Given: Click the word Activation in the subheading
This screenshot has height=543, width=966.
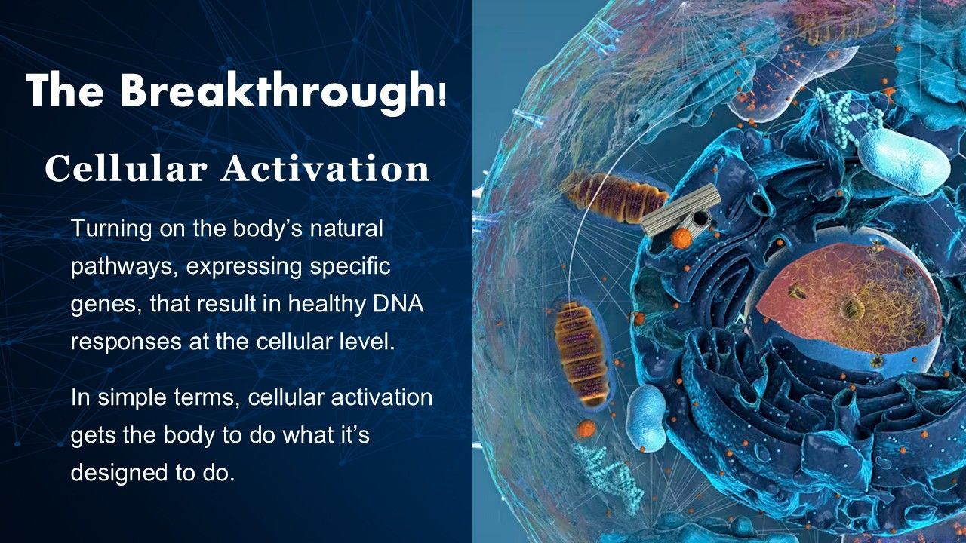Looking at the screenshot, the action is point(326,168).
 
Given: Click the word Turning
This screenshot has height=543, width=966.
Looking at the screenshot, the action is point(111,229).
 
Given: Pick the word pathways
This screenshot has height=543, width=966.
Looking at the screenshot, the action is point(125,267).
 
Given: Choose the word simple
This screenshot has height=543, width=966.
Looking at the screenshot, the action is point(133,397).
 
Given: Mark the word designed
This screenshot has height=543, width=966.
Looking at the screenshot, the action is point(119,473).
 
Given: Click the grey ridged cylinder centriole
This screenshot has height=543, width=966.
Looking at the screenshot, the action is point(680,209).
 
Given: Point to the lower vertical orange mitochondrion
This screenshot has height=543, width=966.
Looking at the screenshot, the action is point(581,354).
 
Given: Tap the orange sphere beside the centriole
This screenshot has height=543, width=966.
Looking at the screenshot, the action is point(681,238).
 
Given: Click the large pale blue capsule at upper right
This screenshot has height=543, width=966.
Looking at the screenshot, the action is point(904,161).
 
